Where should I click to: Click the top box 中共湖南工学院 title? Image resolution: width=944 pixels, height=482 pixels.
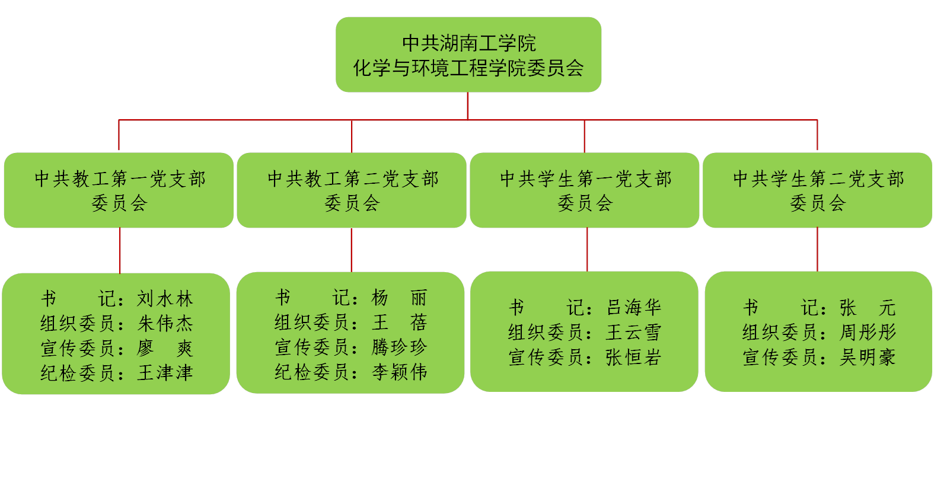468,43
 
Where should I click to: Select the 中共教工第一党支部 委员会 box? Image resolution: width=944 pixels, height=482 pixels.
119,190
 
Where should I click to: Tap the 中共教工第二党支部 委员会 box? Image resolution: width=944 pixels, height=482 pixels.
352,190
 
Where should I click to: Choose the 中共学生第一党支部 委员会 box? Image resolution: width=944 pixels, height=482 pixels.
585,190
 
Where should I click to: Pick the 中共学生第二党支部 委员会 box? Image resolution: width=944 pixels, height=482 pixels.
818,190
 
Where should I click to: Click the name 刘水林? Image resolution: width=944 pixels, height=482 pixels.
165,298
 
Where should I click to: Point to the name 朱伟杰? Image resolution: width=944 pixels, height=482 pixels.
165,323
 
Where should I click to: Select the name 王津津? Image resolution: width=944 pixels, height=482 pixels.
165,372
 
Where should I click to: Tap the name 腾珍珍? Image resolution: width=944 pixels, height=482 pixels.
399,347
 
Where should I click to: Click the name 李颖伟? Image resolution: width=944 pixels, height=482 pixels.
399,372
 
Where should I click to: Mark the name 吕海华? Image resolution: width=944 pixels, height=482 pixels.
633,307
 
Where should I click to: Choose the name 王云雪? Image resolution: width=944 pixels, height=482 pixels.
633,332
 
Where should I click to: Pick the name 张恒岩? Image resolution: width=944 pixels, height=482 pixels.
633,357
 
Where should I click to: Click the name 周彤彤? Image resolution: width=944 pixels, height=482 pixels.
868,332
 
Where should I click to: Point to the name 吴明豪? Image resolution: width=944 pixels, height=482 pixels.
868,357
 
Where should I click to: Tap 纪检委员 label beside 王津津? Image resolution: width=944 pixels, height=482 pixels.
78,372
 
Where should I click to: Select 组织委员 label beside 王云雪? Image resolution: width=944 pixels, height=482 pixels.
546,332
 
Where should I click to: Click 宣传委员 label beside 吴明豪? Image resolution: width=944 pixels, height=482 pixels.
780,357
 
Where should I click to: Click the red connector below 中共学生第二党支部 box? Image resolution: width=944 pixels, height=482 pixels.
818,249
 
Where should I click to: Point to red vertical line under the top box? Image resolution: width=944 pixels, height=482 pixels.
468,106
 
